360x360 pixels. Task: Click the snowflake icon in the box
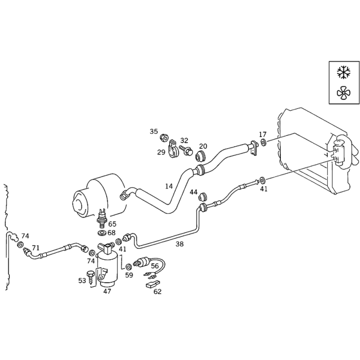click(343, 72)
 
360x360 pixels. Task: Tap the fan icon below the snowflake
click(344, 93)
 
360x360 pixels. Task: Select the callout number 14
click(169, 186)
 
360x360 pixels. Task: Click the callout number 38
click(180, 244)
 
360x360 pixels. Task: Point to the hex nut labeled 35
click(163, 138)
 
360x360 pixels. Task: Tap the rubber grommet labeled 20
click(201, 156)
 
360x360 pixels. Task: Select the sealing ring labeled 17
click(263, 142)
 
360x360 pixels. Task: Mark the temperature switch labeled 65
click(102, 218)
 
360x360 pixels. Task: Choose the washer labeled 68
click(102, 234)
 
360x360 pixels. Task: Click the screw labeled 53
click(91, 278)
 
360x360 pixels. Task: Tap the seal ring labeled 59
click(129, 267)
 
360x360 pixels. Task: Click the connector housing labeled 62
click(153, 284)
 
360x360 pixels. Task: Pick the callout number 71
click(36, 248)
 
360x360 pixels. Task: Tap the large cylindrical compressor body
click(99, 195)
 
